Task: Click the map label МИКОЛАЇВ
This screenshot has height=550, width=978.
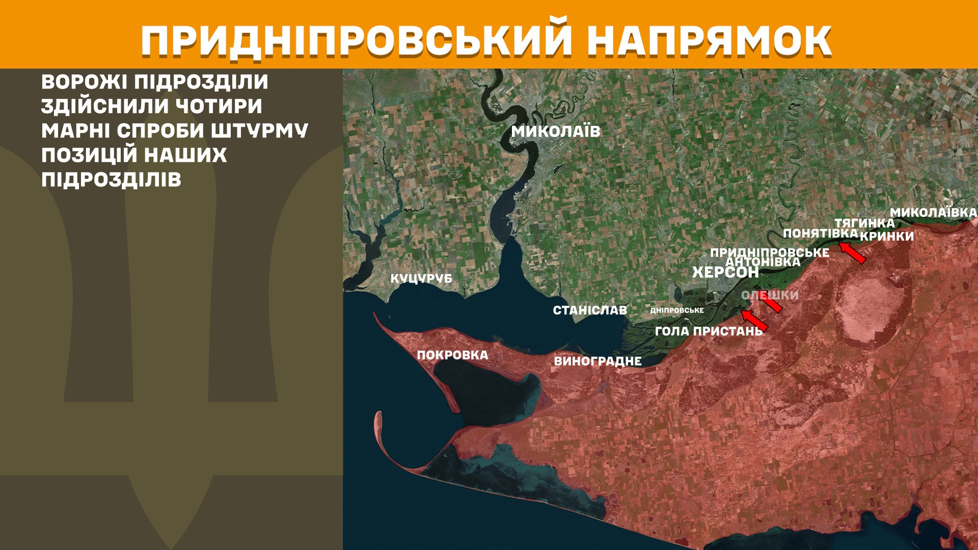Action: tap(556, 131)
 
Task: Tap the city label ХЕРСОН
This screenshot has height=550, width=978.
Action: tap(725, 272)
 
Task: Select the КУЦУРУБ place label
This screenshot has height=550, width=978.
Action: tap(421, 279)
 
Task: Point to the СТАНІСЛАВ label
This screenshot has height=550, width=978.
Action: tap(590, 310)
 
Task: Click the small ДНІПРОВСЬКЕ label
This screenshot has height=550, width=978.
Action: tap(677, 310)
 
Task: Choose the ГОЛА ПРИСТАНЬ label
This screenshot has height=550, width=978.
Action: tap(709, 331)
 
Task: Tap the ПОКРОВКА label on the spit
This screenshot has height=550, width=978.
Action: tap(452, 355)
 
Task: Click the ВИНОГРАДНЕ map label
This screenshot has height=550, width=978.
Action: tap(597, 361)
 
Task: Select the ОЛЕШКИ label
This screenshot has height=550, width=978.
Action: tap(770, 295)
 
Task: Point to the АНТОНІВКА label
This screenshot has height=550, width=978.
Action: tap(763, 262)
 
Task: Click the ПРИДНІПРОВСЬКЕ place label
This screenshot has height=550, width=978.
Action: tap(769, 252)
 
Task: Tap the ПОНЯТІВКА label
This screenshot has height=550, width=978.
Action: tap(820, 233)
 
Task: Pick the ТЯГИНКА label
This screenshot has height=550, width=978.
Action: tap(864, 223)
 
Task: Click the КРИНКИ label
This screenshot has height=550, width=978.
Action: tap(887, 236)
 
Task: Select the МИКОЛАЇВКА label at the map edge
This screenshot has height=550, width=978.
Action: tap(933, 212)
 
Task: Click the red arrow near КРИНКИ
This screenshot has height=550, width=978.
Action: tap(853, 253)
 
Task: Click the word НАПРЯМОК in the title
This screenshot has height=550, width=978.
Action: tap(710, 41)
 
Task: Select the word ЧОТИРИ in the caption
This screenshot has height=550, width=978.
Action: tap(219, 106)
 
